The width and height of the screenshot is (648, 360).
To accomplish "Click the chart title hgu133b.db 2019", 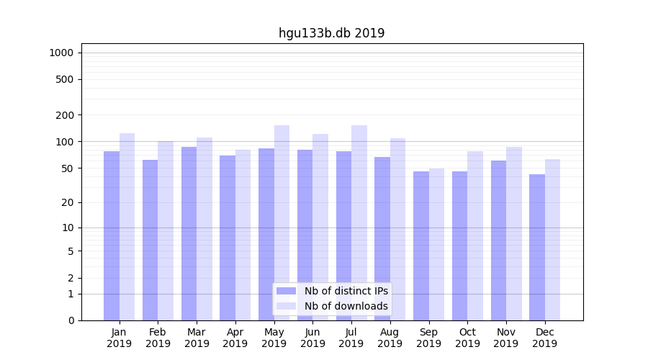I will click(x=331, y=33).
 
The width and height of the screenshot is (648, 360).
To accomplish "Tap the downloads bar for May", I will click(x=282, y=222).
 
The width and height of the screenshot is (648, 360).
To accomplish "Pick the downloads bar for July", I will click(x=359, y=222).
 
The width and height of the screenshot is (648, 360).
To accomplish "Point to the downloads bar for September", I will click(x=436, y=244).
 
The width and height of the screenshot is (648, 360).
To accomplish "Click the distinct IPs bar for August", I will click(x=382, y=238).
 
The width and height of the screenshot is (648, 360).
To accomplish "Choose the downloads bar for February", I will click(x=166, y=230).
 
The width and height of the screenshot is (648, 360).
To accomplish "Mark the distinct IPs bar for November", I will click(x=498, y=240).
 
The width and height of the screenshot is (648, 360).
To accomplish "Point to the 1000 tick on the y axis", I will click(x=61, y=53).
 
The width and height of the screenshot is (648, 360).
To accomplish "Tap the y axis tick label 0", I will click(x=71, y=320).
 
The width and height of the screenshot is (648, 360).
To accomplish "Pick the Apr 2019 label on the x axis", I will click(x=235, y=338).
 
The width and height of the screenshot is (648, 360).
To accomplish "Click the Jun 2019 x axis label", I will click(x=312, y=338).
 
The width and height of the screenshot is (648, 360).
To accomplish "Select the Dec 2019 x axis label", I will click(x=545, y=338).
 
